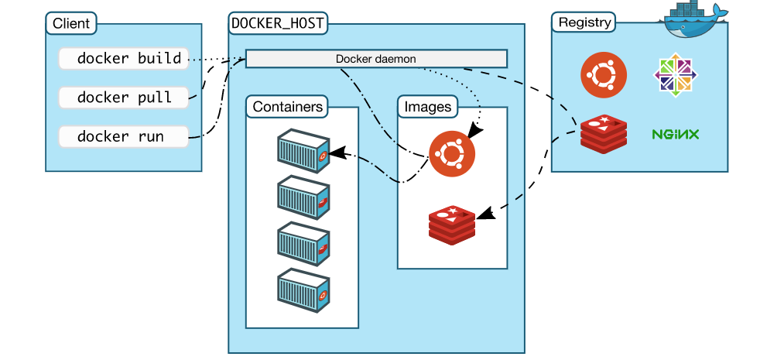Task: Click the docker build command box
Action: coord(124,59)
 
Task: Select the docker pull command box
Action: coord(124,98)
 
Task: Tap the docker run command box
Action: coord(124,137)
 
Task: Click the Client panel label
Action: coord(70,23)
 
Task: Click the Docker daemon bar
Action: coord(376,59)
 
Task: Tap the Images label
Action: coord(427,107)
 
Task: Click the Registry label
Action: coord(584,22)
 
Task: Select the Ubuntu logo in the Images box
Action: coord(452,153)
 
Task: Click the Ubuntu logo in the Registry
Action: coord(604,75)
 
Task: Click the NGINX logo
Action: coord(675,135)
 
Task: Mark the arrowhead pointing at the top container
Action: coord(334,154)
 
